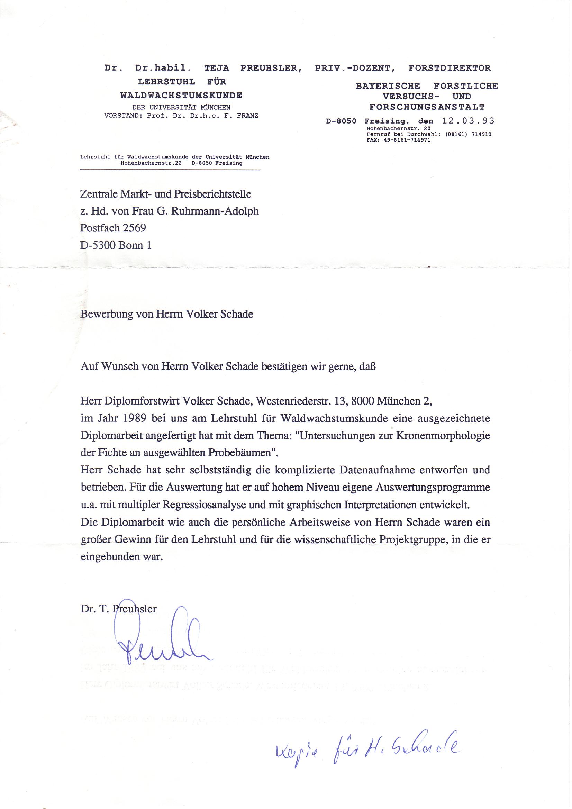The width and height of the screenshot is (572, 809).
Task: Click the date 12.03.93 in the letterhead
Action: pyautogui.click(x=468, y=121)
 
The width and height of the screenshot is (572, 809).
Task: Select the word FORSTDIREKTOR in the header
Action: pyautogui.click(x=450, y=68)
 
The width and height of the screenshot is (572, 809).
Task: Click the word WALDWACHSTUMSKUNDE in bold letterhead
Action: pyautogui.click(x=181, y=96)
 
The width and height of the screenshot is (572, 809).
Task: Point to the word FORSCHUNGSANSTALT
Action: pyautogui.click(x=427, y=107)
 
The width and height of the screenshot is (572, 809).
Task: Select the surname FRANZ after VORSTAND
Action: pyautogui.click(x=247, y=116)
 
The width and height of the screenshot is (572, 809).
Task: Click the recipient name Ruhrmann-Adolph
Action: pyautogui.click(x=215, y=211)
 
